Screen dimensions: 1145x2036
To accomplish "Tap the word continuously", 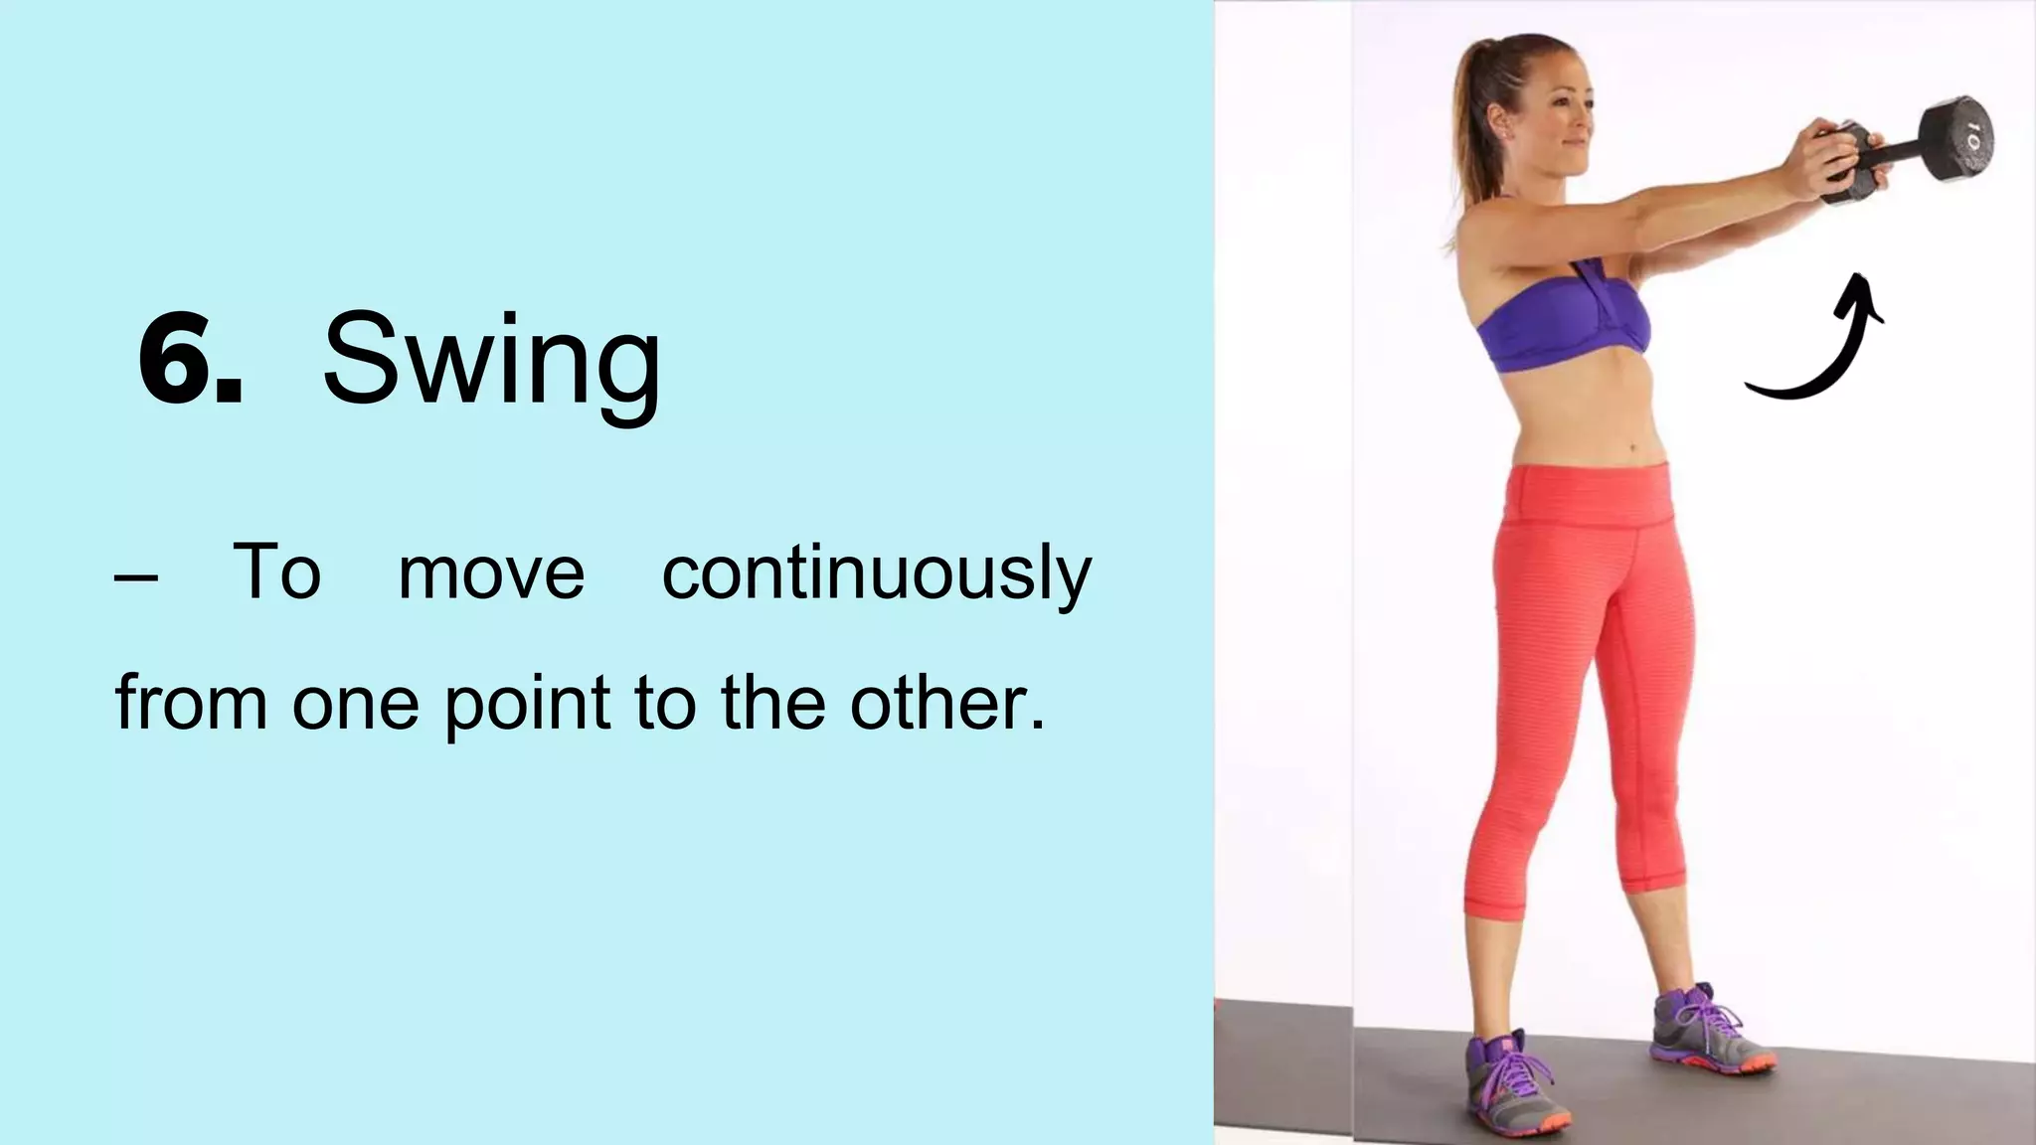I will [877, 574].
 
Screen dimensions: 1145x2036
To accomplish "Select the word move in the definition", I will [491, 574].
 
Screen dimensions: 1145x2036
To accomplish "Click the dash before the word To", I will [135, 578].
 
